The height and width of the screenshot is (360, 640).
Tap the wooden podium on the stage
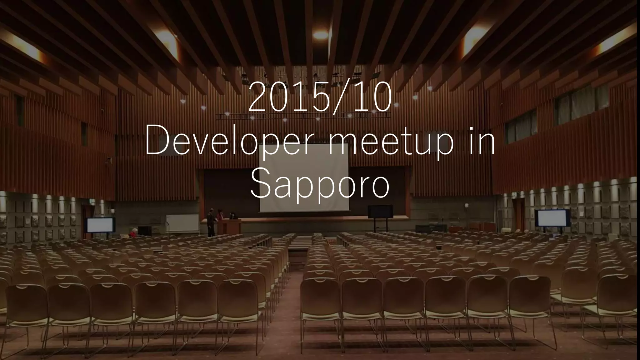pyautogui.click(x=229, y=227)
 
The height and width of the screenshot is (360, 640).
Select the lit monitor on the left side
pyautogui.click(x=100, y=225)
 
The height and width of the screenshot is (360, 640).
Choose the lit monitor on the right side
pyautogui.click(x=552, y=218)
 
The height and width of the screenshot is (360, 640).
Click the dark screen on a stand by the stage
pyautogui.click(x=380, y=212)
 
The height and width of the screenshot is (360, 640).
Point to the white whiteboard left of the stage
pyautogui.click(x=182, y=222)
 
